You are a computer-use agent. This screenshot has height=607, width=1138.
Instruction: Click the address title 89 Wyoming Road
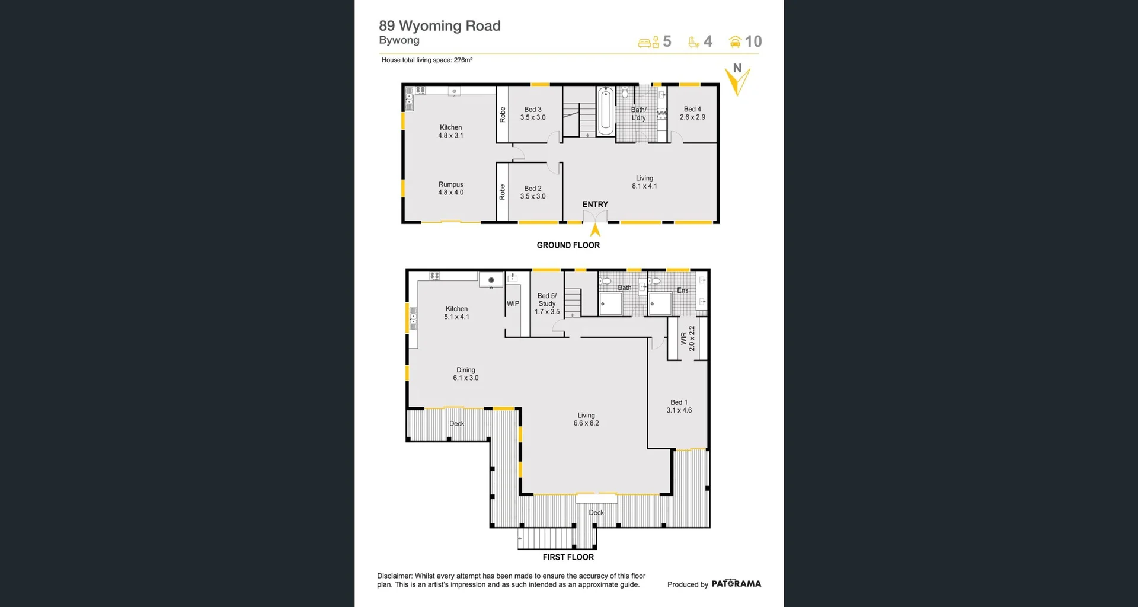coord(439,26)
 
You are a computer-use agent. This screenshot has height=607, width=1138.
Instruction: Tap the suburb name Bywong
coord(399,40)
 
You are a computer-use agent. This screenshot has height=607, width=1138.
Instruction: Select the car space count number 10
coord(753,41)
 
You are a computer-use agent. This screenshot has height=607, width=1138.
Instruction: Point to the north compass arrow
coord(738,81)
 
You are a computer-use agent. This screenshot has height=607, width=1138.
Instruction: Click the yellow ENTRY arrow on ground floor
coord(595,230)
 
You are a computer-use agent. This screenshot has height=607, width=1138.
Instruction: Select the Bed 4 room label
coord(692,113)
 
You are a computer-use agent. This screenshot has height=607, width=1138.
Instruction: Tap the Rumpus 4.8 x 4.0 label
coord(451,189)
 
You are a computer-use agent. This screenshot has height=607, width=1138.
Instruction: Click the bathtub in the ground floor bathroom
coord(605,111)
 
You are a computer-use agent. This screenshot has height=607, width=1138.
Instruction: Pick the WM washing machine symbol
coord(661,113)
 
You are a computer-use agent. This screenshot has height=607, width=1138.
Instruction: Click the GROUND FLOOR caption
coord(568,245)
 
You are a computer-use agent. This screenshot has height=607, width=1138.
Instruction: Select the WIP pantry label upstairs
coord(513,303)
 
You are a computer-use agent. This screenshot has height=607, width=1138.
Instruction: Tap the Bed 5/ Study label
coord(546,303)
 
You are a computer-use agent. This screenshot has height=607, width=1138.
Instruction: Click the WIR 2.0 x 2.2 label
coord(688,338)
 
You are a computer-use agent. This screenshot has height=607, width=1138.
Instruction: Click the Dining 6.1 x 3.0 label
coord(465,374)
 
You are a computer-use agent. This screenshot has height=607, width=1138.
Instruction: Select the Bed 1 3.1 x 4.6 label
coord(679,406)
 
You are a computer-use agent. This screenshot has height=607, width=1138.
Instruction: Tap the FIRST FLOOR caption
coord(568,557)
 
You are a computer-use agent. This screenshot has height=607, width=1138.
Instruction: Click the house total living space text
coord(427,60)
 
